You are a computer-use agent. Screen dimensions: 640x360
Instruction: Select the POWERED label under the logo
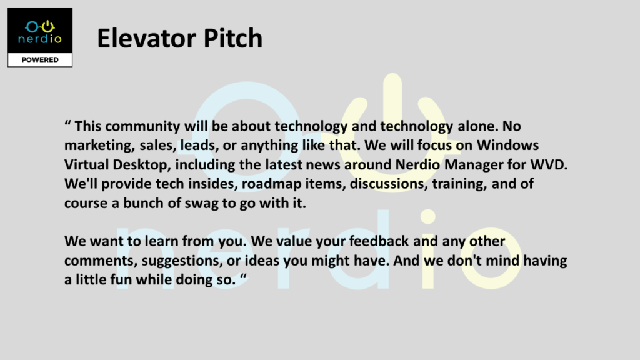(40, 59)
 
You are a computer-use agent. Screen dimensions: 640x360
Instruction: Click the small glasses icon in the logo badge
(40, 27)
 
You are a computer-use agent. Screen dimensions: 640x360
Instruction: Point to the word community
(142, 126)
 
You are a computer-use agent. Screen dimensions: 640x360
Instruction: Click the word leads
(197, 145)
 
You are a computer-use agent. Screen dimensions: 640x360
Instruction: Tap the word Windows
(507, 145)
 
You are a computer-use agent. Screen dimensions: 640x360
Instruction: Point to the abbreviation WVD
(548, 164)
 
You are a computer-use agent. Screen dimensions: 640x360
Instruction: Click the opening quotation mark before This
(67, 122)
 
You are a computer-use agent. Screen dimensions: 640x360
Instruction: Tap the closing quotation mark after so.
(244, 276)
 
